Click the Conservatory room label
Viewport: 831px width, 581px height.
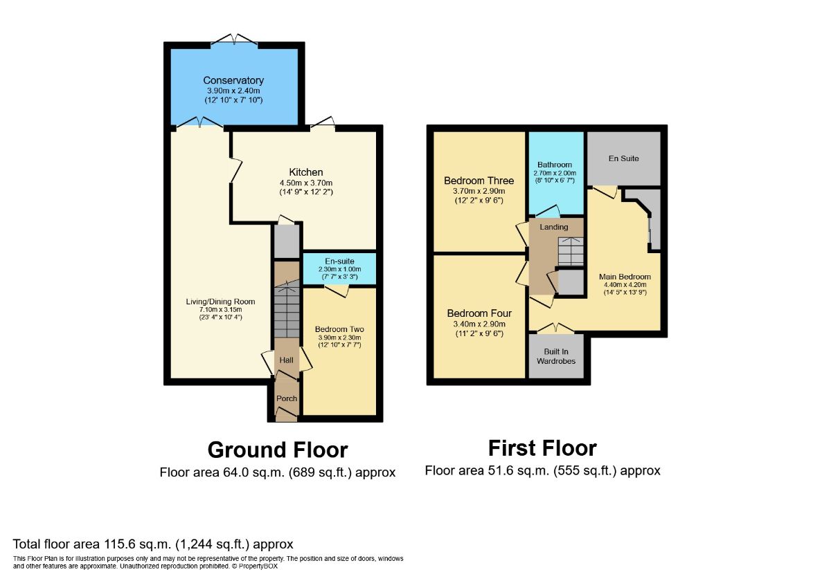[233, 81]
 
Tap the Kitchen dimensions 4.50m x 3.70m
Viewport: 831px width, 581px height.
[306, 183]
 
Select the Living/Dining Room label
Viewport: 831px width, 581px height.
[220, 302]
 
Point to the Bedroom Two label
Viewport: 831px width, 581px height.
[339, 329]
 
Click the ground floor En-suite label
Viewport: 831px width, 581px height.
[339, 261]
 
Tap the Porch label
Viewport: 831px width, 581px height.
[287, 398]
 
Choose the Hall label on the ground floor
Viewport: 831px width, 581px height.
[287, 360]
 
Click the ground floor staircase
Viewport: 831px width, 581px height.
[286, 311]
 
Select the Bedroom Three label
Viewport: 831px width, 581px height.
[479, 181]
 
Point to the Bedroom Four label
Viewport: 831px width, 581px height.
[479, 313]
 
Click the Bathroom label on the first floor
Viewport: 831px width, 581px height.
[555, 165]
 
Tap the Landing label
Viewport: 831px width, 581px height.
[554, 227]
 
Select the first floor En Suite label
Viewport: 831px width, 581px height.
[623, 158]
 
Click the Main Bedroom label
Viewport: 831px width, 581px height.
[625, 277]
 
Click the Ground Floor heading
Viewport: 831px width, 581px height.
[278, 450]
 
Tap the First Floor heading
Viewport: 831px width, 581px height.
[542, 448]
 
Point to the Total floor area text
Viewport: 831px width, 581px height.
[153, 544]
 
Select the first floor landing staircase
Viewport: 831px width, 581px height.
[571, 251]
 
